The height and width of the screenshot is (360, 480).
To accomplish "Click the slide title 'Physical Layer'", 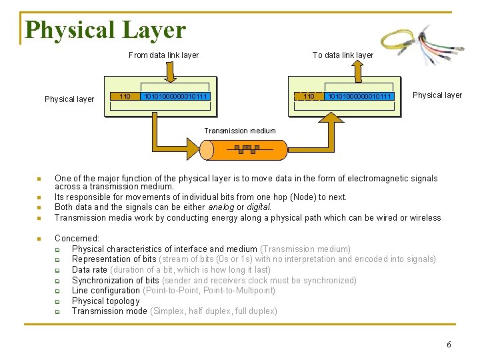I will (x=105, y=30).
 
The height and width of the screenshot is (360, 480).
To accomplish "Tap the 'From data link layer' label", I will (x=163, y=55).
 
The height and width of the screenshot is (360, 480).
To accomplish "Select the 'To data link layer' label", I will (x=343, y=55).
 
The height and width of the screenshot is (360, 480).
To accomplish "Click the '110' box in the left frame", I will (x=124, y=97).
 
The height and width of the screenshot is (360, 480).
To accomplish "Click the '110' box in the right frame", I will (x=308, y=97).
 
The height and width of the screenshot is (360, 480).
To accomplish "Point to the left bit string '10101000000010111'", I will (x=177, y=97).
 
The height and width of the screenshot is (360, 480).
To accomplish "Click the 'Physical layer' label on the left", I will (x=69, y=99).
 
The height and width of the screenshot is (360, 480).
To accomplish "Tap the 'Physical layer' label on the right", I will (x=437, y=95).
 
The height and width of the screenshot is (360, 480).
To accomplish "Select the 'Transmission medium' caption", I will (x=240, y=131).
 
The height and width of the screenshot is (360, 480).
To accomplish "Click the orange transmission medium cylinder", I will (x=246, y=149).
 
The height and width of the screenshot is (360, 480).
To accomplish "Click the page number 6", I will (x=449, y=345).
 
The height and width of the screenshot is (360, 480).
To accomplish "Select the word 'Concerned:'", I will (x=77, y=238).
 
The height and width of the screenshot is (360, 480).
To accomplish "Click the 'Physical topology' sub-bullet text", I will (x=105, y=301).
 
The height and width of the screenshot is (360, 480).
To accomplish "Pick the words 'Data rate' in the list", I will (x=89, y=269).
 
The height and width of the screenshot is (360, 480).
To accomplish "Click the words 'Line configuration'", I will (x=106, y=290).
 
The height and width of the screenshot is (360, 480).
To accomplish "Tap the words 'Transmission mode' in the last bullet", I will (x=109, y=311).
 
